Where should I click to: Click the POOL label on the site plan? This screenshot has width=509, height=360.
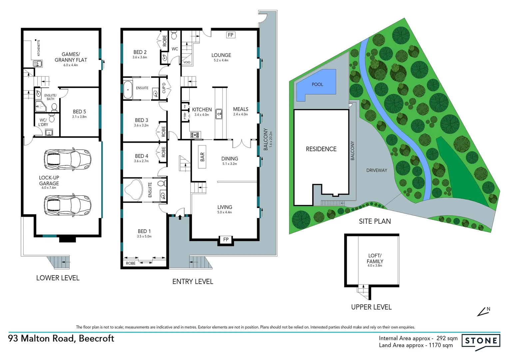[x=317, y=84]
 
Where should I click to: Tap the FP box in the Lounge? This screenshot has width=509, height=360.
[x=231, y=35]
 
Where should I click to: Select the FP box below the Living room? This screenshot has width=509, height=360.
[x=226, y=239]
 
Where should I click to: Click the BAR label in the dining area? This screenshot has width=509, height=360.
[x=202, y=157]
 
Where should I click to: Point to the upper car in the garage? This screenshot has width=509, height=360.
[x=68, y=159]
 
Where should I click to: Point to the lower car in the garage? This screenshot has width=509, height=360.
[x=68, y=205]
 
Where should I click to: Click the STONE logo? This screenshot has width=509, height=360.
[x=481, y=341]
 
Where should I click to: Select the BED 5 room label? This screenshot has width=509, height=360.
[x=79, y=112]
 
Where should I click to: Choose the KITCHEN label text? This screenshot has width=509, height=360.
[x=202, y=109]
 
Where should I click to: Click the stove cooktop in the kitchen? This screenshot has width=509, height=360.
[x=195, y=135]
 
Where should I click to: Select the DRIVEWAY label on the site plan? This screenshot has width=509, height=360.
[x=376, y=170]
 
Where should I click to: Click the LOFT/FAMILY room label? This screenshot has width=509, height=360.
[x=375, y=258]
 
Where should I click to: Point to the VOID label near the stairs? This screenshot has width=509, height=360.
[x=187, y=62]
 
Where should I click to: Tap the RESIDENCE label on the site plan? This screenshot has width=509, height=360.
[x=321, y=149]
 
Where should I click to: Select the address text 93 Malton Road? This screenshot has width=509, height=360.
[x=61, y=338]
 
